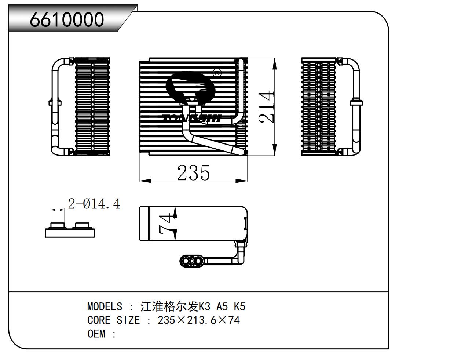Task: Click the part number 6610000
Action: point(67,19)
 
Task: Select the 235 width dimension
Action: point(193,172)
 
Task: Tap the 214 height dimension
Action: point(266,106)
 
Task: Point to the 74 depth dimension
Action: point(165,224)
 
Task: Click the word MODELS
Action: point(105,306)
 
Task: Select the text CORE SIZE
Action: point(113,320)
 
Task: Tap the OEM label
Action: point(96,334)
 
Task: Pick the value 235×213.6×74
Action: point(199,320)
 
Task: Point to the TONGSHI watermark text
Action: point(191,118)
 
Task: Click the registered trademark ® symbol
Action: point(217,72)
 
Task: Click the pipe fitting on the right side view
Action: point(356,103)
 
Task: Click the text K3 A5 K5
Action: point(222,306)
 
